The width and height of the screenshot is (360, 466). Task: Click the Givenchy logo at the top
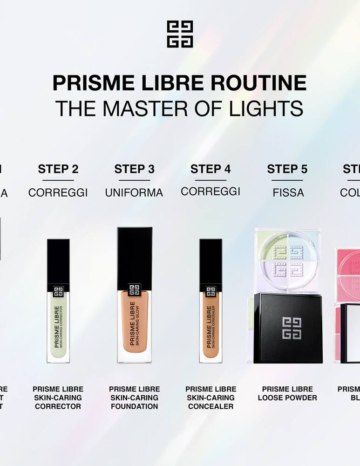pyautogui.click(x=180, y=34)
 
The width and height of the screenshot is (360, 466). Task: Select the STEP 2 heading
pyautogui.click(x=58, y=169)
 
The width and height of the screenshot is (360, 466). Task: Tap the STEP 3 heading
pyautogui.click(x=134, y=169)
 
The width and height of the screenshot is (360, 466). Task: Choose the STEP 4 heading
pyautogui.click(x=211, y=169)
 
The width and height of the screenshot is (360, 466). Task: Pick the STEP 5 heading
pyautogui.click(x=287, y=169)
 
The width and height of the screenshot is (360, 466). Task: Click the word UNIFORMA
pyautogui.click(x=134, y=192)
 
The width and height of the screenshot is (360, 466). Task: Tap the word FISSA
pyautogui.click(x=288, y=192)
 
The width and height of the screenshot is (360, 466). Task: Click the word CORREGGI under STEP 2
pyautogui.click(x=58, y=192)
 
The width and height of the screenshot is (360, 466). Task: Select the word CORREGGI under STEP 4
pyautogui.click(x=211, y=192)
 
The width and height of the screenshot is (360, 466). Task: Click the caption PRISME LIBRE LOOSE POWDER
pyautogui.click(x=287, y=393)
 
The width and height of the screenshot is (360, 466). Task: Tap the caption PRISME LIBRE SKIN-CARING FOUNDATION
pyautogui.click(x=134, y=397)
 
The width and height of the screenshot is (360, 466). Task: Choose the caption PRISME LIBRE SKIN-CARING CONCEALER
pyautogui.click(x=211, y=397)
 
